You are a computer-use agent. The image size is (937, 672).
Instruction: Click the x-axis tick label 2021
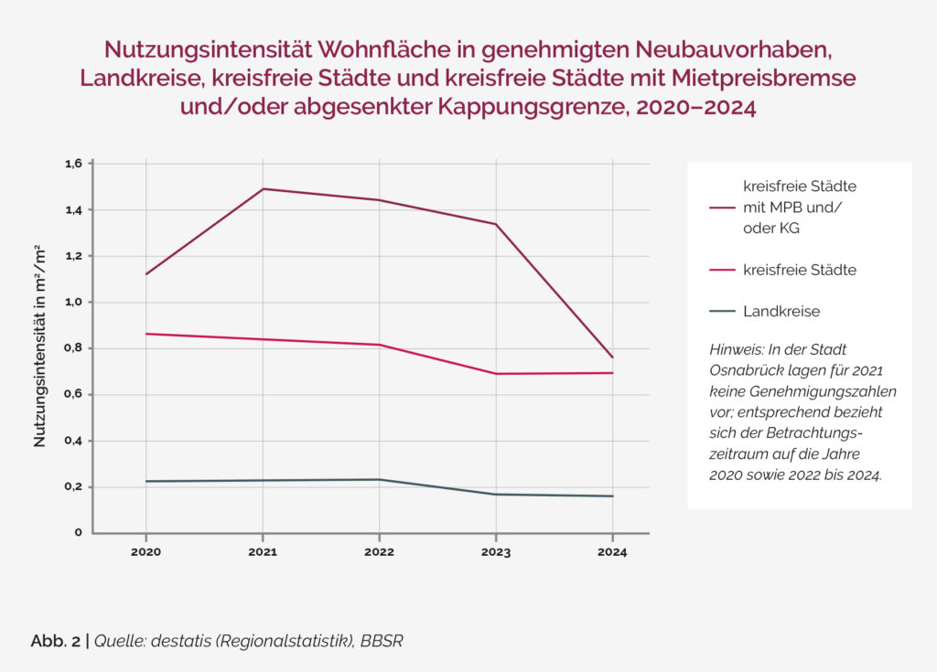[x=263, y=552]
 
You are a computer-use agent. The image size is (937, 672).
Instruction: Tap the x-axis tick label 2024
[x=612, y=552]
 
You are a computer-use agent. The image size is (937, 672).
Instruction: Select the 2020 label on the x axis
[x=145, y=552]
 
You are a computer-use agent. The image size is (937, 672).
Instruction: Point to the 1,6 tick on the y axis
[x=73, y=164]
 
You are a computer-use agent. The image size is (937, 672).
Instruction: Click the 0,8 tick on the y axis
[x=73, y=348]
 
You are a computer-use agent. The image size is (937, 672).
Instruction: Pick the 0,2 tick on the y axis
[x=73, y=486]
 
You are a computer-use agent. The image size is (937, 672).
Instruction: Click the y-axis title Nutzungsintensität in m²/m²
[x=40, y=346]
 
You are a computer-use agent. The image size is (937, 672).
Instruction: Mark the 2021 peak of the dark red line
[x=263, y=189]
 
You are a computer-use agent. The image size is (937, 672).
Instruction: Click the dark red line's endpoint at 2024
[x=612, y=357]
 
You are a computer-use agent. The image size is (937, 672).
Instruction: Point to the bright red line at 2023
[x=496, y=374]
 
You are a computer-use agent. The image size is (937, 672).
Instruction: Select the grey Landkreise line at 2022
[x=379, y=479]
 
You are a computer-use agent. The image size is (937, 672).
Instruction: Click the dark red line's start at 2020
[x=145, y=274]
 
